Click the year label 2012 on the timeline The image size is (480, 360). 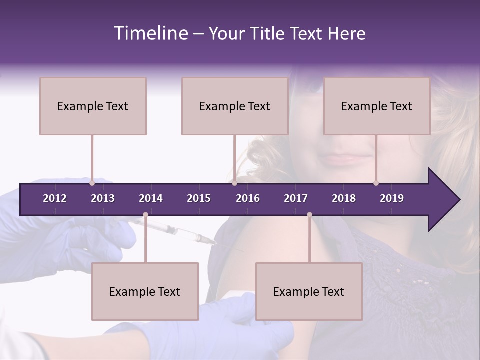click(x=55, y=198)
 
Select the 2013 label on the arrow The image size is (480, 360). click(x=103, y=198)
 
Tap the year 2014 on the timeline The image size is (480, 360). click(x=151, y=198)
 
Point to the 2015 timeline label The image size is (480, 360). click(x=199, y=198)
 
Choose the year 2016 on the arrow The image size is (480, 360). click(x=248, y=198)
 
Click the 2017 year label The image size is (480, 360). click(x=296, y=198)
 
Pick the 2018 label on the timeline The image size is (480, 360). click(x=344, y=198)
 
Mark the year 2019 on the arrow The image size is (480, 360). click(x=392, y=198)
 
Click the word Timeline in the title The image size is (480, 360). click(x=151, y=33)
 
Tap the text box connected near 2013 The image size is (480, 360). click(x=93, y=106)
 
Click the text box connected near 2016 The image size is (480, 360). click(x=235, y=106)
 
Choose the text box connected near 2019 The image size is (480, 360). click(x=377, y=106)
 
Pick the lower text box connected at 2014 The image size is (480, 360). click(x=145, y=291)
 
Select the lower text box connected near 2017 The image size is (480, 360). click(x=309, y=291)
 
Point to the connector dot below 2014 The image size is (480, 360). click(x=145, y=215)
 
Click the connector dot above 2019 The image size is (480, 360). click(x=376, y=183)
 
